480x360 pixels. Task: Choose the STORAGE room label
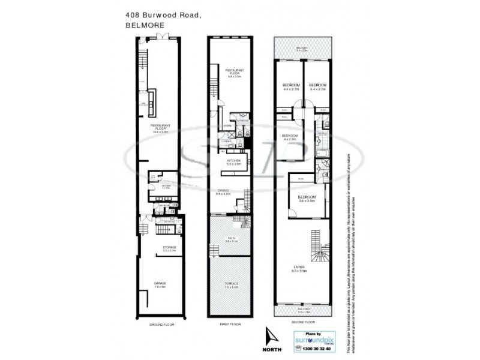click(x=169, y=248)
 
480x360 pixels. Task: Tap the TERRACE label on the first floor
click(x=232, y=284)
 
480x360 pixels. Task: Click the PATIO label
click(x=230, y=239)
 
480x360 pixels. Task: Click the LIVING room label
click(x=299, y=269)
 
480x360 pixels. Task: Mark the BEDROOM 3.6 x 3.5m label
click(x=307, y=199)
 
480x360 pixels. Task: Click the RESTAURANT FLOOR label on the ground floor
click(x=160, y=127)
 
